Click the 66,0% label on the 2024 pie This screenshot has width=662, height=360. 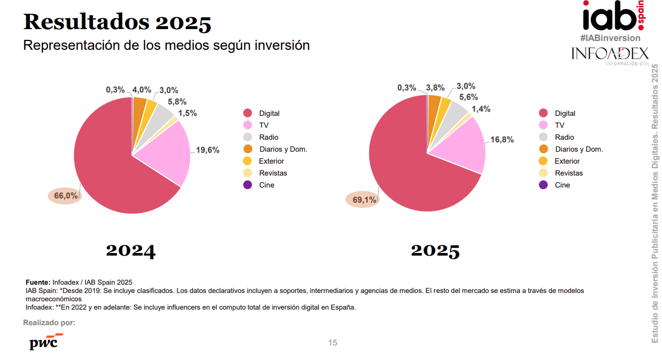(65, 196)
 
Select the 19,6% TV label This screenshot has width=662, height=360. (208, 150)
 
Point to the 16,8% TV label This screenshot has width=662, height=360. (502, 139)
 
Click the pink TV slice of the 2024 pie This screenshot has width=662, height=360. (164, 151)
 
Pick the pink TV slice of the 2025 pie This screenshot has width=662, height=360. (460, 148)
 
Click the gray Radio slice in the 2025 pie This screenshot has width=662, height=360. (455, 110)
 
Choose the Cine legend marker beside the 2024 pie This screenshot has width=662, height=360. (248, 185)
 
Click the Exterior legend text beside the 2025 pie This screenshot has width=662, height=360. (567, 161)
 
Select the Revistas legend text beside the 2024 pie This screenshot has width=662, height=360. (273, 173)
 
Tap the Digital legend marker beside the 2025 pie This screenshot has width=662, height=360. (544, 113)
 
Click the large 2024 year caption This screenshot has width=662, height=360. (131, 250)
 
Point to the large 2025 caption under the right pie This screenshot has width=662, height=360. (435, 250)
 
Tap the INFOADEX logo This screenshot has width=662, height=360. (610, 54)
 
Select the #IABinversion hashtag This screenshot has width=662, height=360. (610, 38)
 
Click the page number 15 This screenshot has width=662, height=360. (332, 343)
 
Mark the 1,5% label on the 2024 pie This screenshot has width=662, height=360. (187, 113)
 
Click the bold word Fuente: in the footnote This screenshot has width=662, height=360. (38, 282)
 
